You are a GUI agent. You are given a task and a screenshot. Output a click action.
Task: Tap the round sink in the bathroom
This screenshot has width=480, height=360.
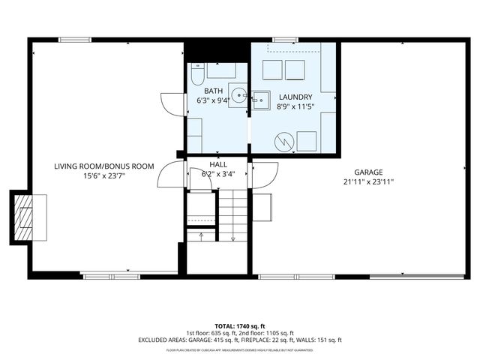tap(238, 95)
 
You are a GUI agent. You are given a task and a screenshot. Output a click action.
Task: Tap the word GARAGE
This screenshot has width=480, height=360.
tap(368, 172)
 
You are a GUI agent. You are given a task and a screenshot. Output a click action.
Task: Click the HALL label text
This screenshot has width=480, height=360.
tap(217, 164)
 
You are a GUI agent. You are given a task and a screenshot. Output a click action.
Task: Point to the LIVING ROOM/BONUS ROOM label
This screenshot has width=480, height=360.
tap(103, 166)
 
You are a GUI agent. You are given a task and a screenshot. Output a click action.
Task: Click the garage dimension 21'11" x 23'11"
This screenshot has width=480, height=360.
tap(368, 181)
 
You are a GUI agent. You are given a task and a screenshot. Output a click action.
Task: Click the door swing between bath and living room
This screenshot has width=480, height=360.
tap(171, 103)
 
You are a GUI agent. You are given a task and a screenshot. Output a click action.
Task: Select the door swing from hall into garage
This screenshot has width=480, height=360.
tap(262, 176)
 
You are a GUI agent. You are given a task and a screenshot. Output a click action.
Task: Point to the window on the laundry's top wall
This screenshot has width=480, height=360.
tap(284, 40)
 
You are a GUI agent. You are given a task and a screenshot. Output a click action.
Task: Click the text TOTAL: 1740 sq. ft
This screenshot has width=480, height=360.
tap(239, 325)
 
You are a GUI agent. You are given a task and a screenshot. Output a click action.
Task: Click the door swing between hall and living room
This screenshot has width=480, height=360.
tap(169, 177)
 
